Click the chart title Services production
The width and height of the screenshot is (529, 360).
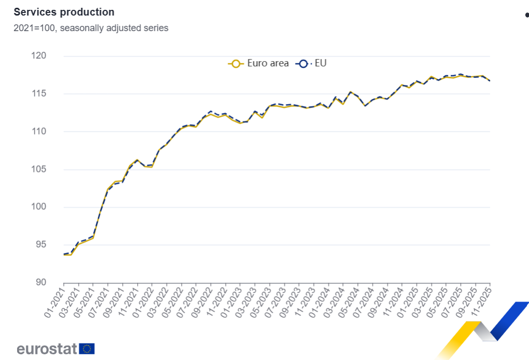64,12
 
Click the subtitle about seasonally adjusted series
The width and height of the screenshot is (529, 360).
91,28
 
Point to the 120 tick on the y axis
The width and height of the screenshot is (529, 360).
53,56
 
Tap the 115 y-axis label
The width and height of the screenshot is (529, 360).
53,94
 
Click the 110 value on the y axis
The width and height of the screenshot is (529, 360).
53,132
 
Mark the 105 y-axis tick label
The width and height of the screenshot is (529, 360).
53,169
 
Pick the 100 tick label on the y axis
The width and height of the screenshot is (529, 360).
53,207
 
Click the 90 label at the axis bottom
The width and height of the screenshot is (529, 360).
55,283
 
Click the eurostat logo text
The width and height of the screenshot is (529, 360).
47,349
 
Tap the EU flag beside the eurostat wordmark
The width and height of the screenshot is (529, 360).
87,349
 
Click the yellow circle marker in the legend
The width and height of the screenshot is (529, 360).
236,64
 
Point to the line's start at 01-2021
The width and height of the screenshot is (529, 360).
64,254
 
